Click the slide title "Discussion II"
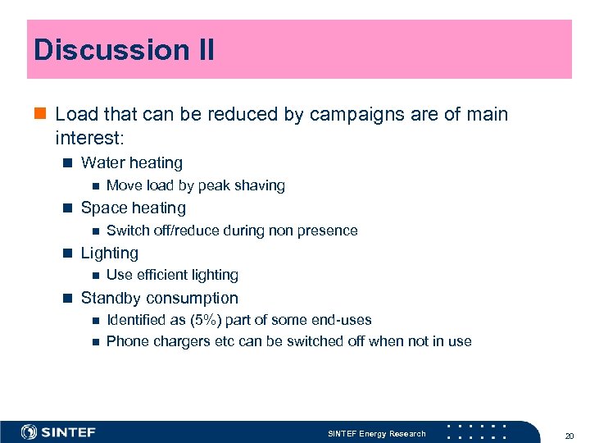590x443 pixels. (124, 50)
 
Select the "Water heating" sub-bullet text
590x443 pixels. (131, 163)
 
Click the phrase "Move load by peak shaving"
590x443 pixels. (195, 185)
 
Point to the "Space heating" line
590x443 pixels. (133, 208)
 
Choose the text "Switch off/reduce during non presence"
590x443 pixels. (232, 231)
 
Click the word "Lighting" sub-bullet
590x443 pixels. (109, 253)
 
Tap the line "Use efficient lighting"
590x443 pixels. (172, 275)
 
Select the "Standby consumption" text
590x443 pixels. (159, 299)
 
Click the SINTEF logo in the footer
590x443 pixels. (58, 432)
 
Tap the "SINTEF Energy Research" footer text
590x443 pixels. (376, 433)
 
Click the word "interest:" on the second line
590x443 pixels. (90, 136)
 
